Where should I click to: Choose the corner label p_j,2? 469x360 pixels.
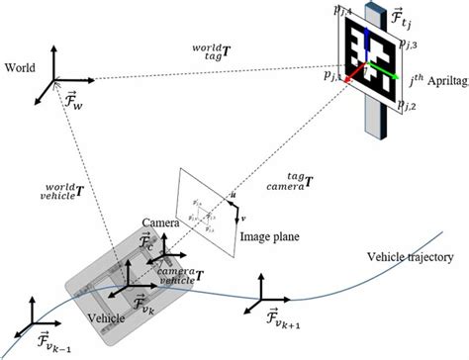point(412,104)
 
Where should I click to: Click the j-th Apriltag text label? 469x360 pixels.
point(432,75)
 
